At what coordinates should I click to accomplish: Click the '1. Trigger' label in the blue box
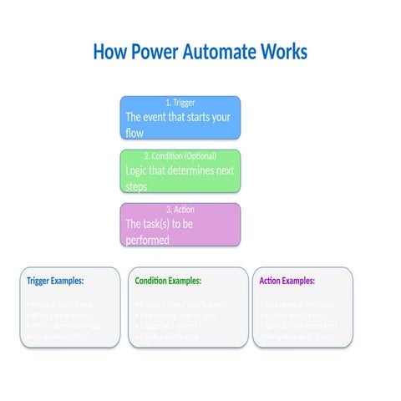point(180,103)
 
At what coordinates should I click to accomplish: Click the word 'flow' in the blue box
point(135,133)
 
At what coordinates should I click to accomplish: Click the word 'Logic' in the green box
point(137,170)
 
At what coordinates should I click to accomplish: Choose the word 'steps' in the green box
point(136,186)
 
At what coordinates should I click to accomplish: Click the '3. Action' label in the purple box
point(180,210)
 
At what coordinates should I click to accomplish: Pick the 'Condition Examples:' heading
point(168,282)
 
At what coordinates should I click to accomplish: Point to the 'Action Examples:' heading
point(293,282)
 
